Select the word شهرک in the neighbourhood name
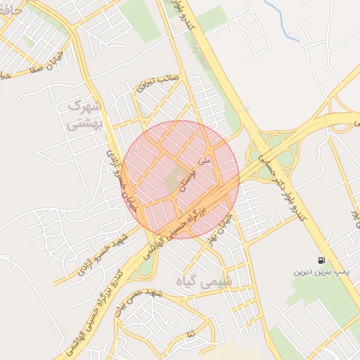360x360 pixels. [85, 107]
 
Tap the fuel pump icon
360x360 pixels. [321, 259]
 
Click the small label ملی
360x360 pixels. [205, 161]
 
